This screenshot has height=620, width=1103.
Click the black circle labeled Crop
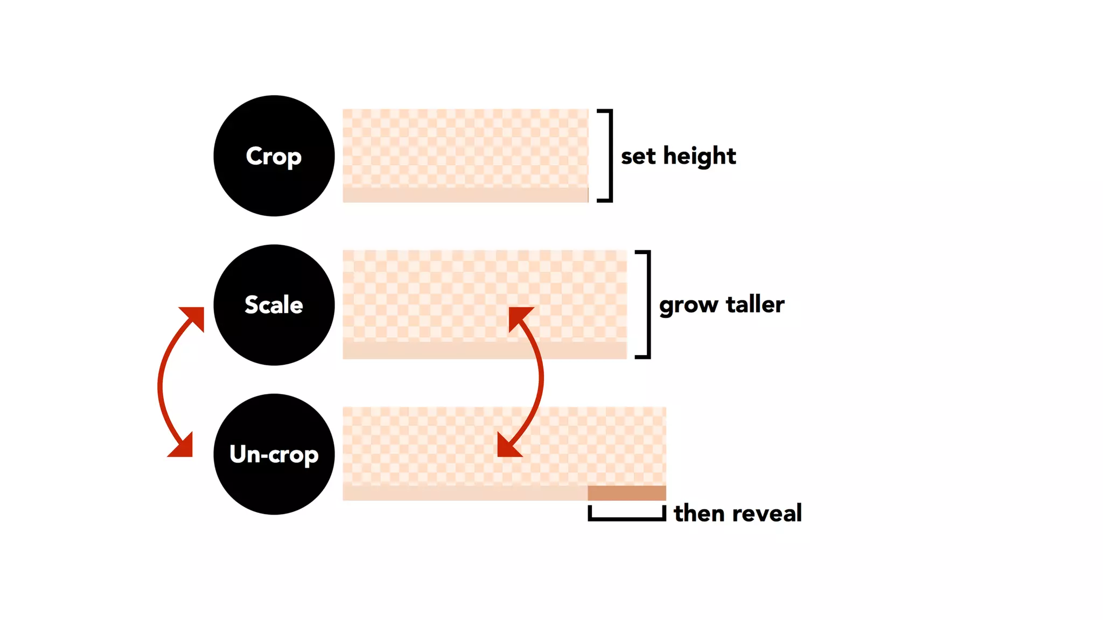tap(274, 156)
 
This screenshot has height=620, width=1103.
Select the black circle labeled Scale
tap(274, 305)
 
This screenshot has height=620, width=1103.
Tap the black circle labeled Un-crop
tap(274, 454)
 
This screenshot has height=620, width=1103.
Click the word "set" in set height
tap(638, 157)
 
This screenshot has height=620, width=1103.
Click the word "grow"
tap(688, 305)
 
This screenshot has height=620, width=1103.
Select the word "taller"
tap(755, 305)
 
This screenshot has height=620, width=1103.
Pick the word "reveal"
tap(770, 513)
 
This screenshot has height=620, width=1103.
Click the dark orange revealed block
tap(626, 492)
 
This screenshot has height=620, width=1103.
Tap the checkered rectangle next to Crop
tap(465, 156)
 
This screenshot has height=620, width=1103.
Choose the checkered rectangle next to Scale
tap(485, 304)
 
